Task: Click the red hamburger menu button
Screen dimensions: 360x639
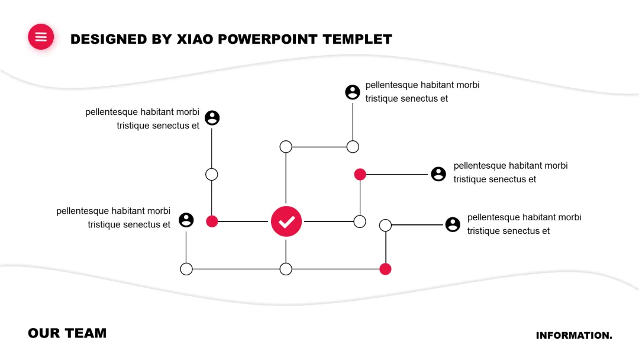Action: click(41, 37)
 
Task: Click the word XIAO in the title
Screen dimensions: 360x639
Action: click(195, 39)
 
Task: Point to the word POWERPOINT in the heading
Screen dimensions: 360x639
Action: click(269, 39)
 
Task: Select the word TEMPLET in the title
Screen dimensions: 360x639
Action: click(357, 39)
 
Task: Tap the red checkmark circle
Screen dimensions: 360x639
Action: click(286, 221)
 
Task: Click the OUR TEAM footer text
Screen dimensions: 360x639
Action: click(67, 333)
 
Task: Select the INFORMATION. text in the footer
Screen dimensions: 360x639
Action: click(574, 336)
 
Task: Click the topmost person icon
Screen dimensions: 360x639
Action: click(353, 92)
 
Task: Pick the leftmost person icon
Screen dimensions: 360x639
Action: click(186, 220)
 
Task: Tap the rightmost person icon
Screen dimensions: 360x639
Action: click(453, 224)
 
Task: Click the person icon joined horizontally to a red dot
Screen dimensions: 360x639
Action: click(438, 174)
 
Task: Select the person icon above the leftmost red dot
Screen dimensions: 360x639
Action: click(212, 118)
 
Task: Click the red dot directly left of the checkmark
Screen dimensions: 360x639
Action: click(212, 221)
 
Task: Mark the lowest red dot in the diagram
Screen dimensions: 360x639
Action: click(385, 269)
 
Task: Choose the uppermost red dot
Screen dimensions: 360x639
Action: click(360, 174)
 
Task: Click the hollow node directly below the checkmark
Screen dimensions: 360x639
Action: click(286, 269)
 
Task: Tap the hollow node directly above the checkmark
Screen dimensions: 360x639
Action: click(286, 147)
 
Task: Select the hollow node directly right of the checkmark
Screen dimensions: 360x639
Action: click(360, 221)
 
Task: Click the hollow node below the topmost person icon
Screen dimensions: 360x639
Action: click(353, 147)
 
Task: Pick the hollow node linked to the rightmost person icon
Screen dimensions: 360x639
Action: click(385, 225)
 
